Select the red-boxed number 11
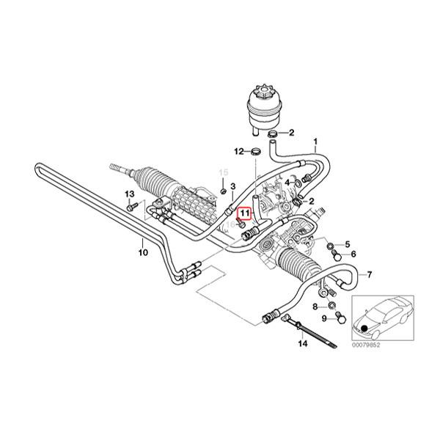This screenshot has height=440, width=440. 244,213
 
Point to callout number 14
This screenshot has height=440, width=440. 301,343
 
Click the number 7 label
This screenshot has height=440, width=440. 370,275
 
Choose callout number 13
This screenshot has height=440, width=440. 129,194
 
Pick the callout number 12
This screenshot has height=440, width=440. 238,152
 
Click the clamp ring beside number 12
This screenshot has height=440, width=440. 256,152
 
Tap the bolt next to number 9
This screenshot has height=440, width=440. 340,317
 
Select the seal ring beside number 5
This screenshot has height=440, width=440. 331,243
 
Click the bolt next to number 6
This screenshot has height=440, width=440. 337,254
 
